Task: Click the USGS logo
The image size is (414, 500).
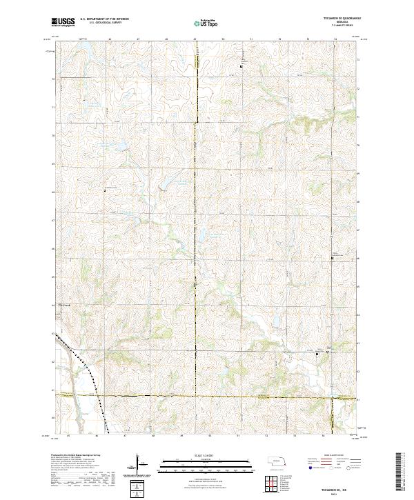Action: point(63,22)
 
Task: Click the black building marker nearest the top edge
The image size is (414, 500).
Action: point(240,66)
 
